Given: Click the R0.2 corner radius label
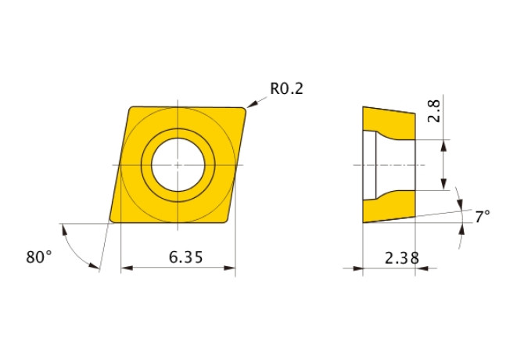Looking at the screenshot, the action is tap(286, 89).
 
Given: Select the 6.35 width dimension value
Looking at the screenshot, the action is tap(186, 257).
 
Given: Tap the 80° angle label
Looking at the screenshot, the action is tap(39, 257).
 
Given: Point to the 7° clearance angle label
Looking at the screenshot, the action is tap(483, 217).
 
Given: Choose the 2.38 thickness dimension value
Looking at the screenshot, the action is tap(402, 258).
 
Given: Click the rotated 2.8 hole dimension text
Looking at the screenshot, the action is tap(434, 111).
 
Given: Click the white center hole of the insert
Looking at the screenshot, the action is tap(178, 165).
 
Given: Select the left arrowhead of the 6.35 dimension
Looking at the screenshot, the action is tap(127, 268).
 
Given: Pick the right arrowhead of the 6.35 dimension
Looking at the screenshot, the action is tap(230, 268).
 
